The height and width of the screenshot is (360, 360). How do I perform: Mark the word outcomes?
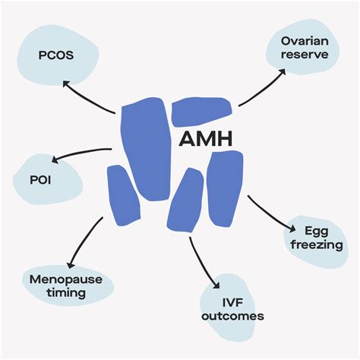coord(233,316)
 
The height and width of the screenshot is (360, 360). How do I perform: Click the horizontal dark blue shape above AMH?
coord(202,112)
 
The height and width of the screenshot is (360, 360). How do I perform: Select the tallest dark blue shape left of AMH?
coord(145,149)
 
